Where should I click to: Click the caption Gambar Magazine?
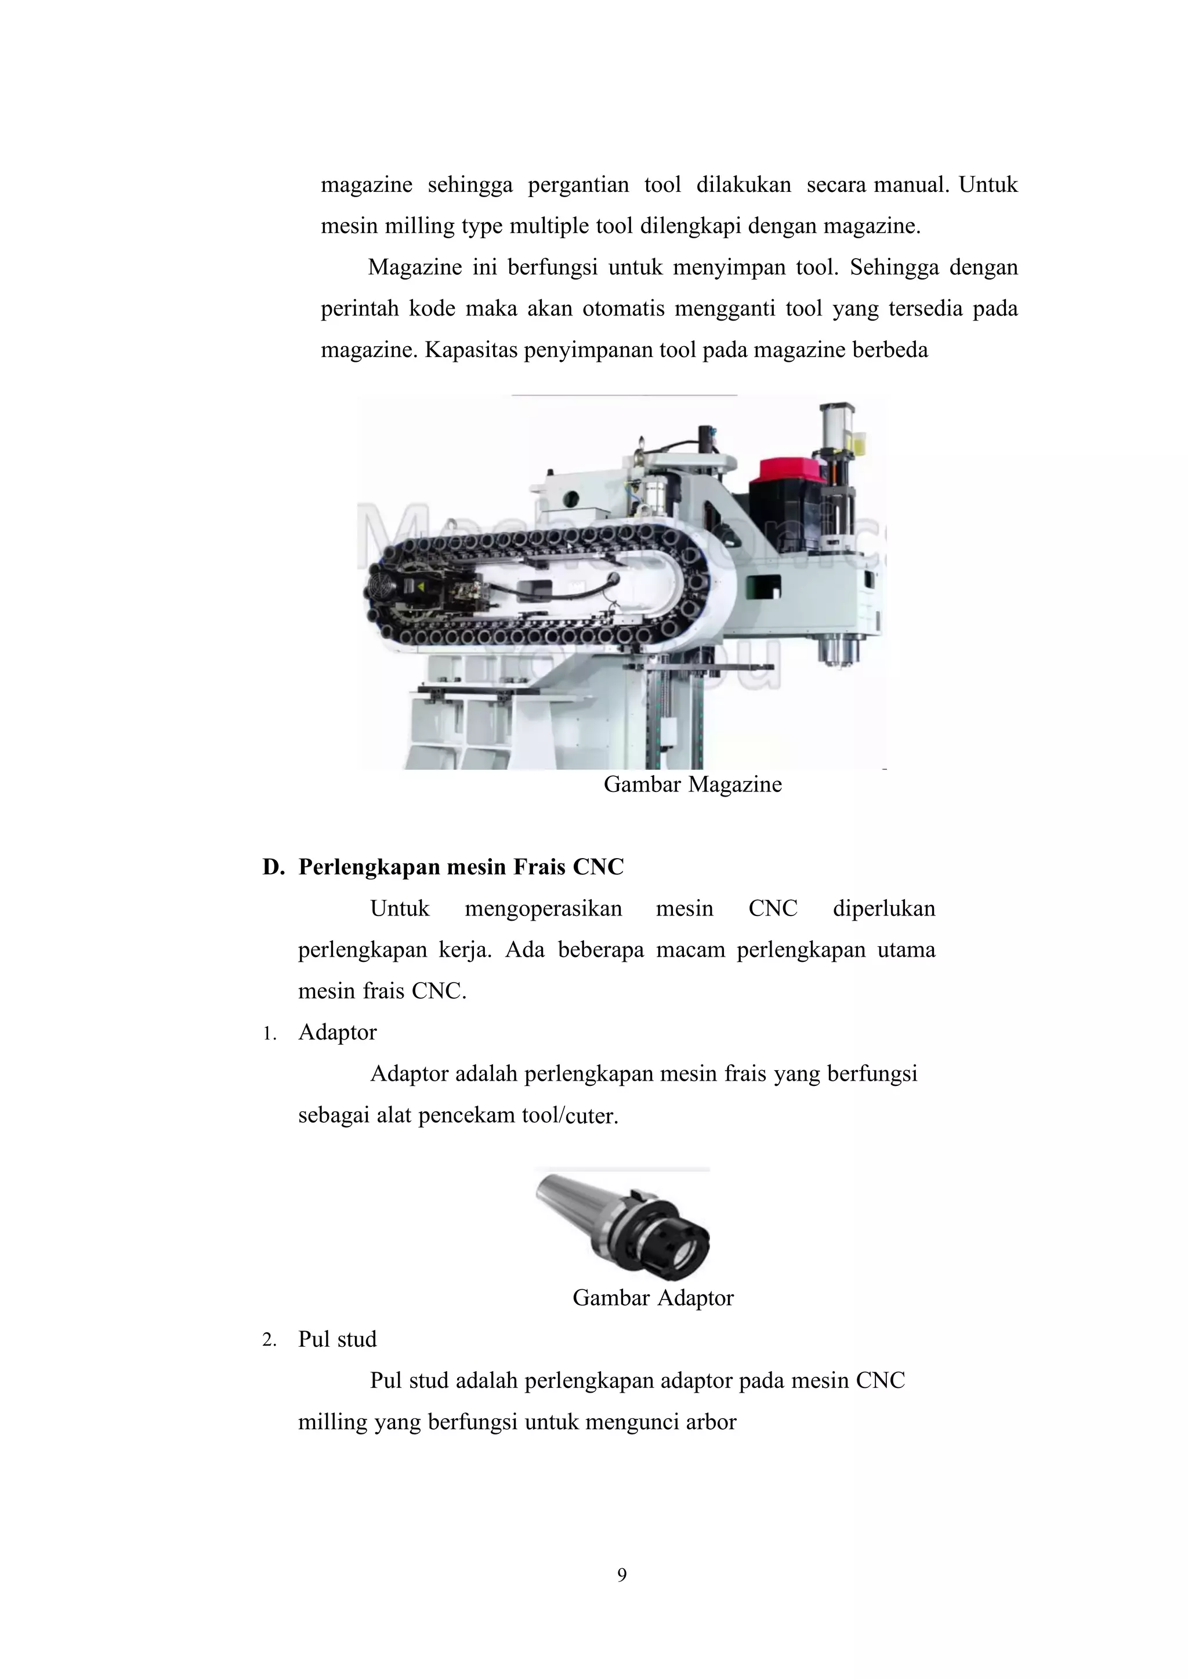pyautogui.click(x=692, y=784)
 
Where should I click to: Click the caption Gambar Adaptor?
pyautogui.click(x=653, y=1298)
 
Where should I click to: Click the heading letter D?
pyautogui.click(x=272, y=867)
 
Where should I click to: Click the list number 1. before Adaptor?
pyautogui.click(x=269, y=1034)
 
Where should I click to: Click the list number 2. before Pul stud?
pyautogui.click(x=269, y=1340)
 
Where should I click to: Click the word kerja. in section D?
pyautogui.click(x=465, y=950)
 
